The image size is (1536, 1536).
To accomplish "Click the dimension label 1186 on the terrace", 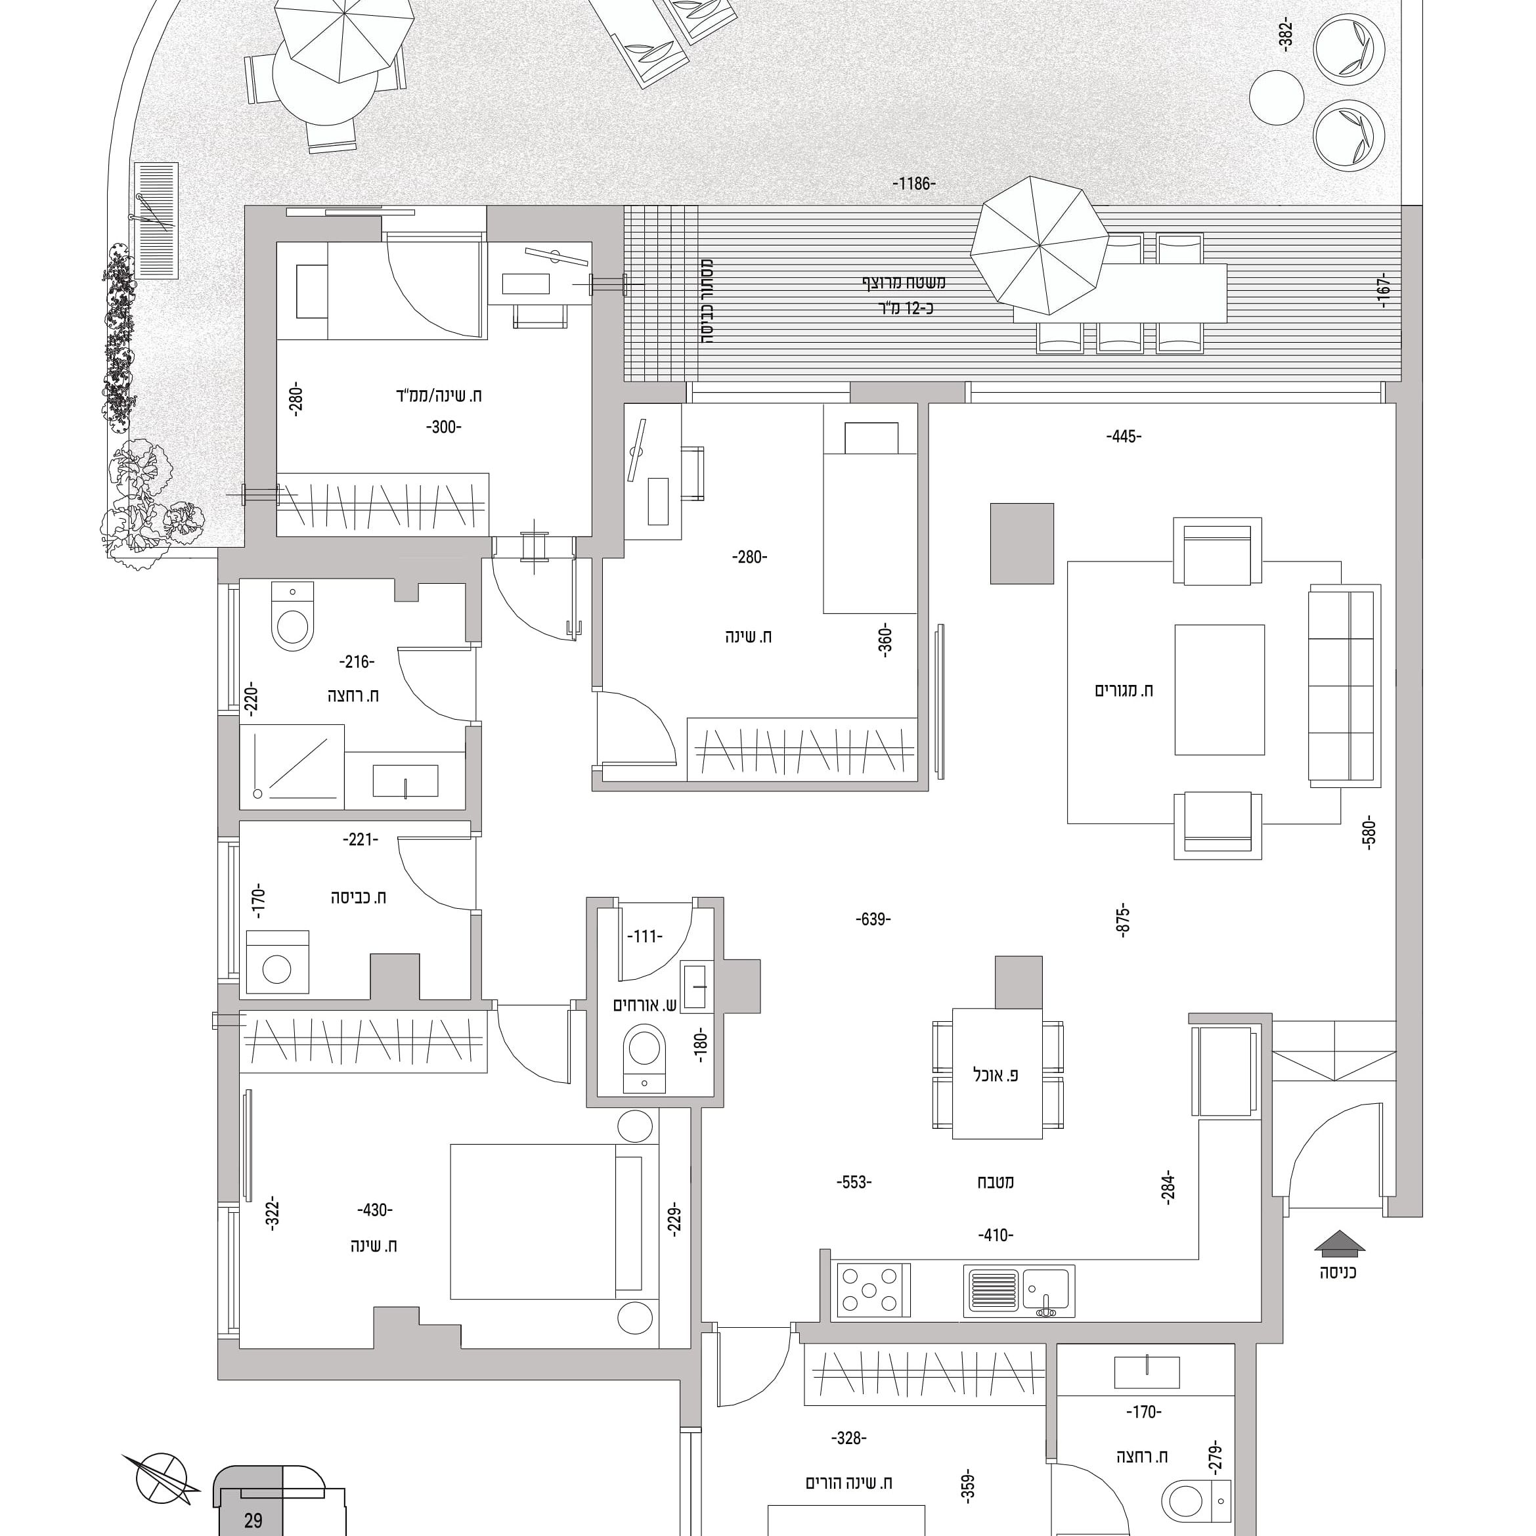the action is (913, 184).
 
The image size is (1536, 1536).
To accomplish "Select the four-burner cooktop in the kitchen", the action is (872, 1290).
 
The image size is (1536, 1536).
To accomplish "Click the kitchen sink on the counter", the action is (1019, 1291).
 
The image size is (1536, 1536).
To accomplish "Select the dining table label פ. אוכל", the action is (996, 1075).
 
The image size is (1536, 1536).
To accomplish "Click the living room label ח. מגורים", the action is (1124, 690).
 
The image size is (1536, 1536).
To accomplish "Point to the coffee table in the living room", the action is (1219, 690).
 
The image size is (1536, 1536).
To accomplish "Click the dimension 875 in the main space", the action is (1124, 920).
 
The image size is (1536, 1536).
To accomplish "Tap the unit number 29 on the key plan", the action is (253, 1521).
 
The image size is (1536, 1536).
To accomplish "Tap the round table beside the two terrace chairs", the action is (1276, 98).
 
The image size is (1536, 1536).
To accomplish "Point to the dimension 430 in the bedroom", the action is (374, 1210).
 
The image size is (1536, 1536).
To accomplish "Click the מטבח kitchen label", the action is (996, 1181).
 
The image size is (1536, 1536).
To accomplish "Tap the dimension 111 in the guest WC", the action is (644, 936).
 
